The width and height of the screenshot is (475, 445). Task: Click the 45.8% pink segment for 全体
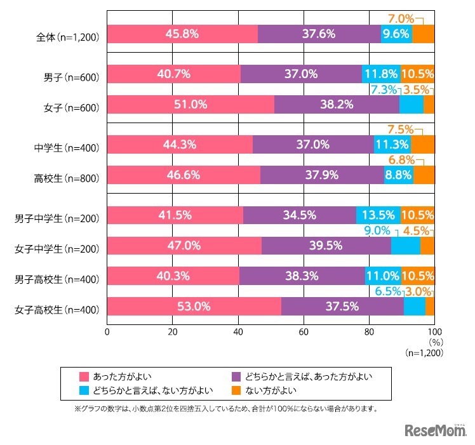click(x=182, y=34)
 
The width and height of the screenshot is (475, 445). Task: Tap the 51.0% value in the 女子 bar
click(x=191, y=105)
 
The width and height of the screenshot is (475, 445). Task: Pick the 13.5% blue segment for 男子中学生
click(x=378, y=215)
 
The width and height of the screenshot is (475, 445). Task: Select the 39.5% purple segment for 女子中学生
click(x=326, y=246)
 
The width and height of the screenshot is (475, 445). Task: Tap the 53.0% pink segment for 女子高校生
click(x=194, y=307)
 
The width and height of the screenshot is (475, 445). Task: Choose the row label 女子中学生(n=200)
click(x=57, y=249)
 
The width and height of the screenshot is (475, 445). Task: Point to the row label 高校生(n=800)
click(x=67, y=179)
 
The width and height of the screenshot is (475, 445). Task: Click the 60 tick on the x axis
click(x=304, y=331)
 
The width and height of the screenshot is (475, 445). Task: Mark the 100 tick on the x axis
click(x=434, y=331)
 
